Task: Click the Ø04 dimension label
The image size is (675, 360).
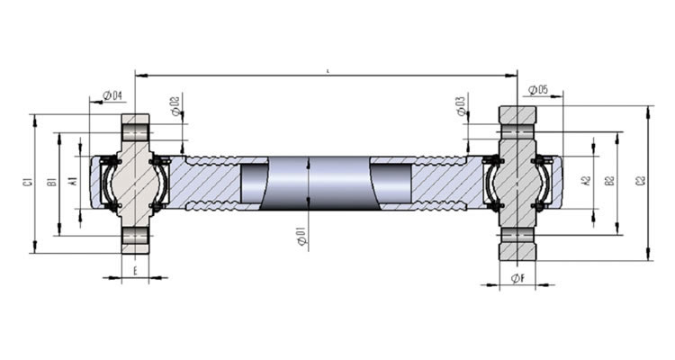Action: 113,95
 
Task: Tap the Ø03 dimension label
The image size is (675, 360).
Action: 462,105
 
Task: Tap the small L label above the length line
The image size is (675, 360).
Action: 327,68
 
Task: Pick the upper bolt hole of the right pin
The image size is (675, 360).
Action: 517,131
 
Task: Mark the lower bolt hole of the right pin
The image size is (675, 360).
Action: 517,237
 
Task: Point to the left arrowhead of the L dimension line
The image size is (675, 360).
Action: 139,75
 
